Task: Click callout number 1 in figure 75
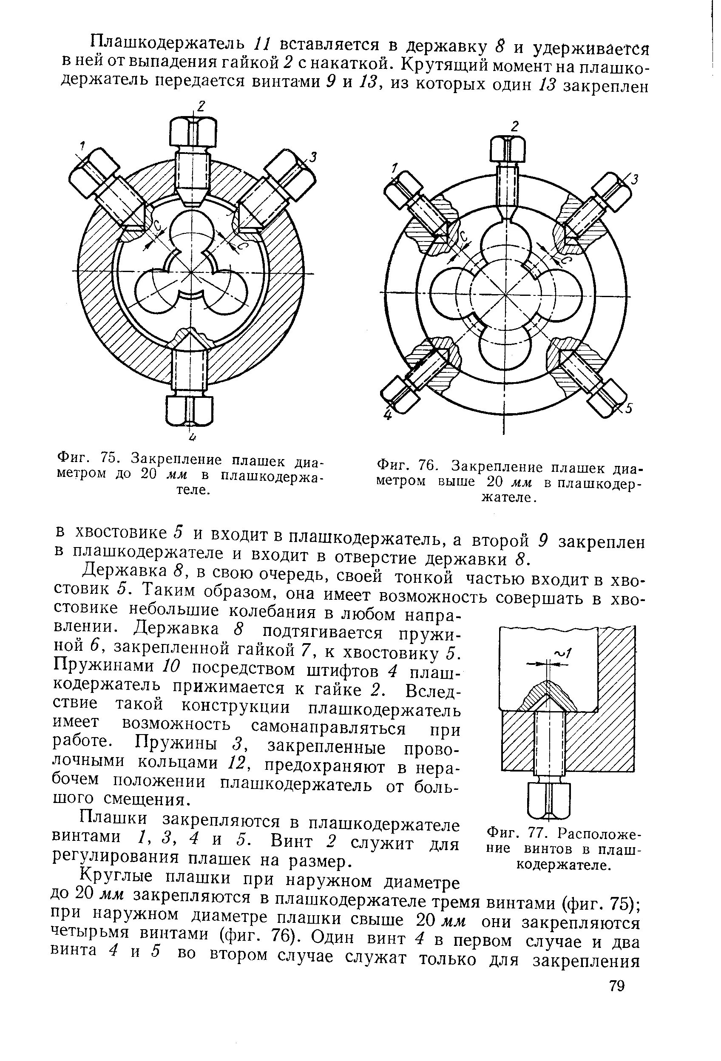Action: tap(82, 146)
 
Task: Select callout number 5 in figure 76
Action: tap(629, 409)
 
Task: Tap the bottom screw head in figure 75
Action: tap(189, 409)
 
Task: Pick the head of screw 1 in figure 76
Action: tap(402, 187)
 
